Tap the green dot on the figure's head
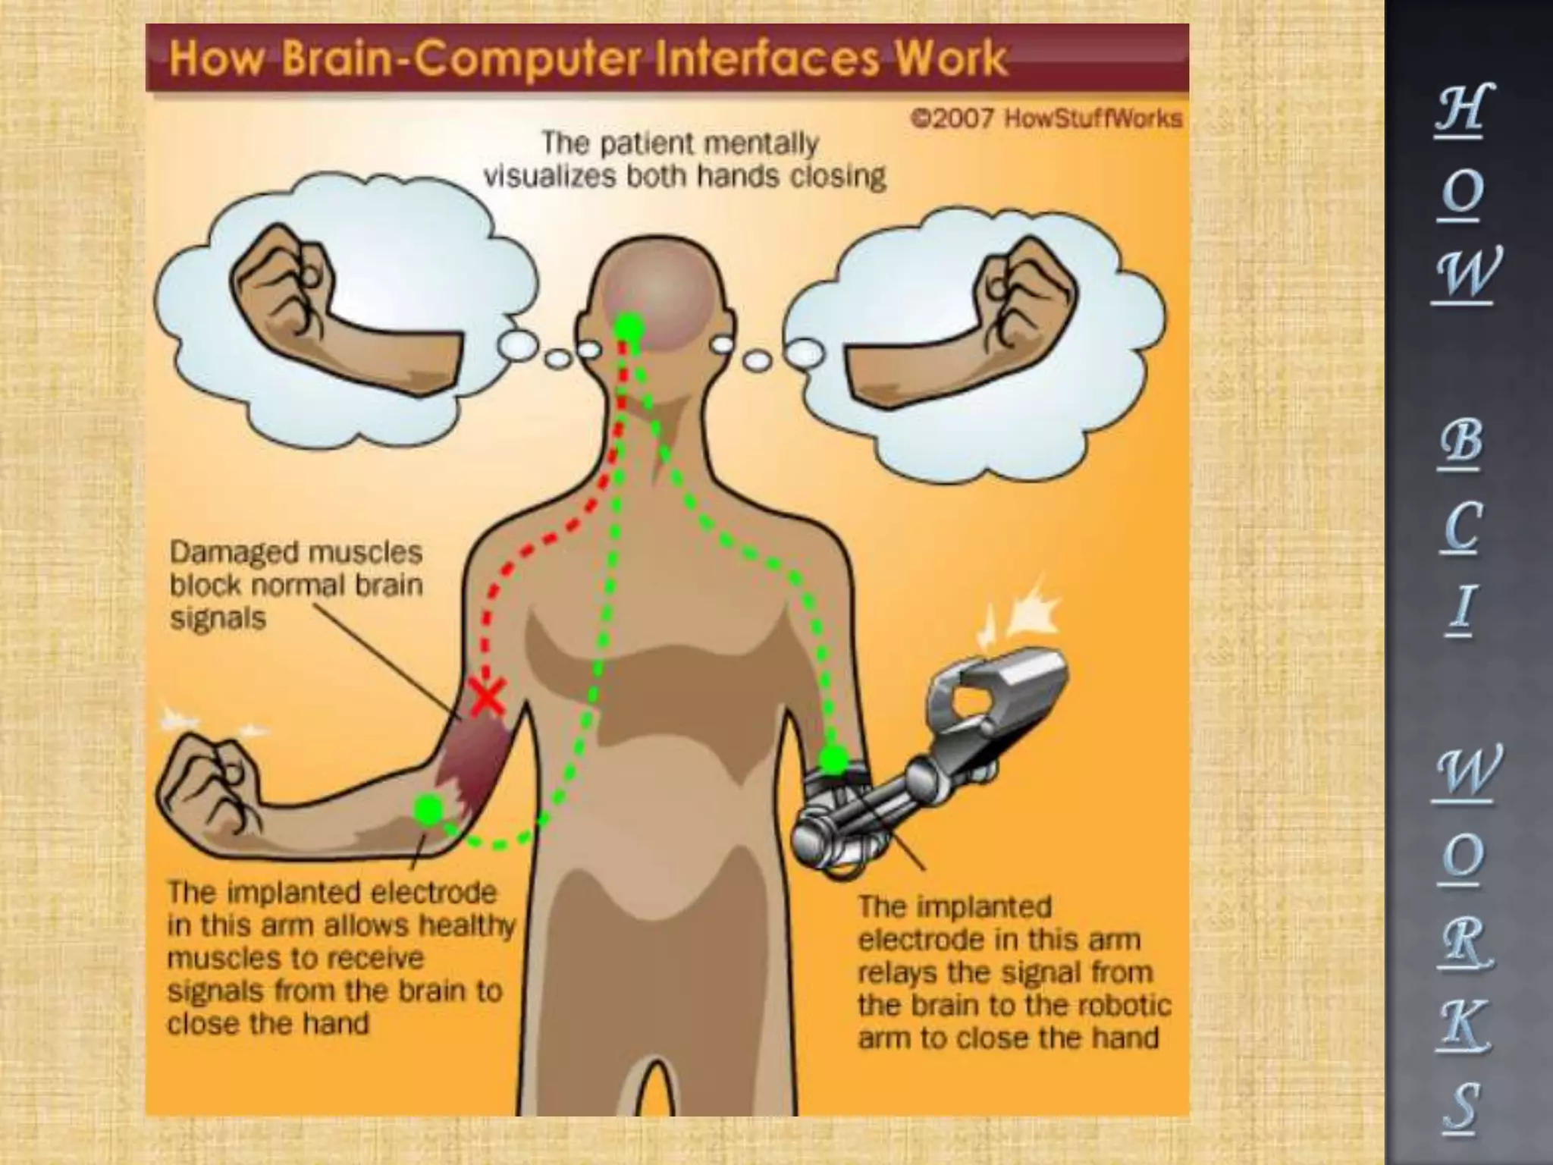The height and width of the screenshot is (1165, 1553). (x=629, y=328)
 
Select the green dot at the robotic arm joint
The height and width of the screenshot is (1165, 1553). (x=834, y=759)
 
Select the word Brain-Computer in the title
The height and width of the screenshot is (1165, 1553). (x=463, y=59)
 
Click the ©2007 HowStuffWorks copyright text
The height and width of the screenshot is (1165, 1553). (x=1046, y=119)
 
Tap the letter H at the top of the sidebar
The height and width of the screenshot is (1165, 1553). (x=1464, y=111)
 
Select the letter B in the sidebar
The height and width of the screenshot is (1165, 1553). (x=1461, y=442)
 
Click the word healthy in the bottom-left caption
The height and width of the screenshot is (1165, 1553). (x=467, y=926)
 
